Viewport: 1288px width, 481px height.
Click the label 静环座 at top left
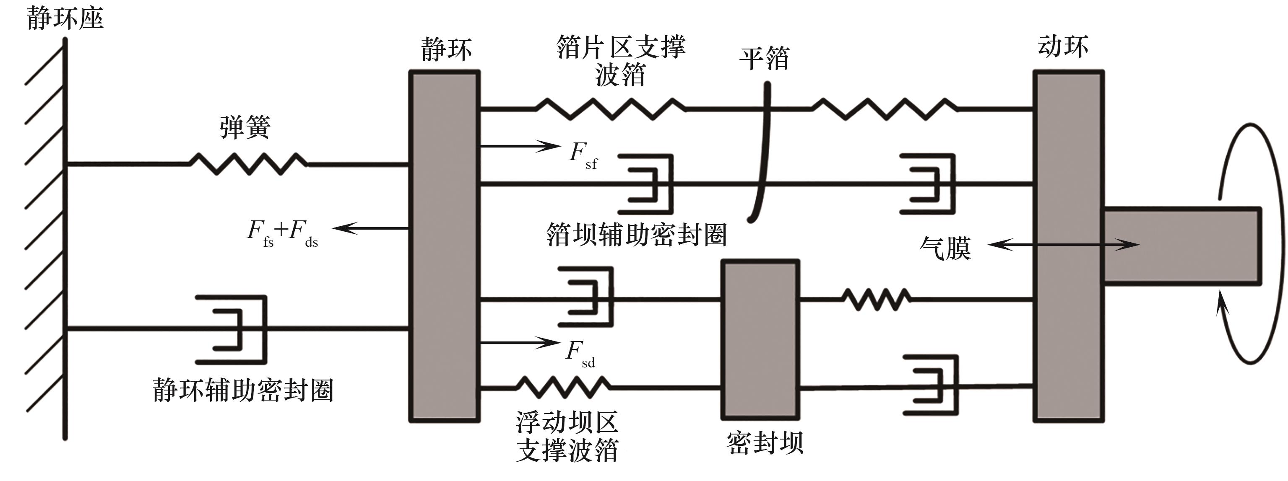tap(65, 19)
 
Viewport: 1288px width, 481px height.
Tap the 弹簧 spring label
tap(245, 127)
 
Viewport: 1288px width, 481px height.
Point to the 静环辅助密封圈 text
tap(243, 390)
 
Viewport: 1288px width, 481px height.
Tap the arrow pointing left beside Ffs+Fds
tap(370, 228)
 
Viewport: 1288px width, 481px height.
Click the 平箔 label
tap(764, 59)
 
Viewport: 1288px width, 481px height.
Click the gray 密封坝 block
tap(760, 340)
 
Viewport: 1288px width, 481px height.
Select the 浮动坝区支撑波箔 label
tap(567, 436)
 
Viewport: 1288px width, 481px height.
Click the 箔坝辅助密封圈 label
tap(636, 235)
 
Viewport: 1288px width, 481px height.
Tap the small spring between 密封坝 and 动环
tap(876, 299)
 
